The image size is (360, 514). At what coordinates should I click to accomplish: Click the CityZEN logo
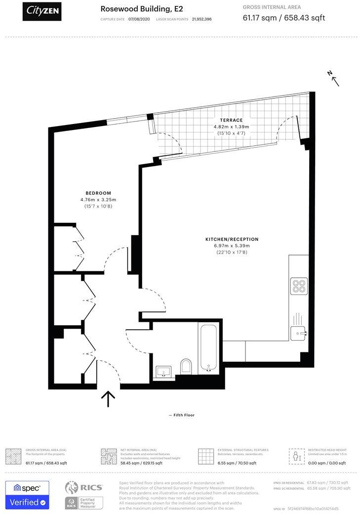pyautogui.click(x=42, y=10)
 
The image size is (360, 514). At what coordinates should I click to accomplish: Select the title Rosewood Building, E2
pyautogui.click(x=134, y=9)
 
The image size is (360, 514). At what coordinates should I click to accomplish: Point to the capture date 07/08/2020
pyautogui.click(x=138, y=19)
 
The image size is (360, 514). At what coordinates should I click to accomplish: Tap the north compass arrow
pyautogui.click(x=334, y=78)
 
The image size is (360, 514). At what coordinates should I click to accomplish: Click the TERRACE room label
pyautogui.click(x=232, y=120)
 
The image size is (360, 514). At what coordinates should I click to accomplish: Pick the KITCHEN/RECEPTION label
pyautogui.click(x=232, y=239)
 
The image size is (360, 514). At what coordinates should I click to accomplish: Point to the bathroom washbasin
pyautogui.click(x=163, y=372)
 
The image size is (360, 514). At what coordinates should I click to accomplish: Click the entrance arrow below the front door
pyautogui.click(x=108, y=398)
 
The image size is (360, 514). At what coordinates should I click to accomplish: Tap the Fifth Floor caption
pyautogui.click(x=181, y=415)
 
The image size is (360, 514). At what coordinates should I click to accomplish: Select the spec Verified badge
pyautogui.click(x=27, y=495)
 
